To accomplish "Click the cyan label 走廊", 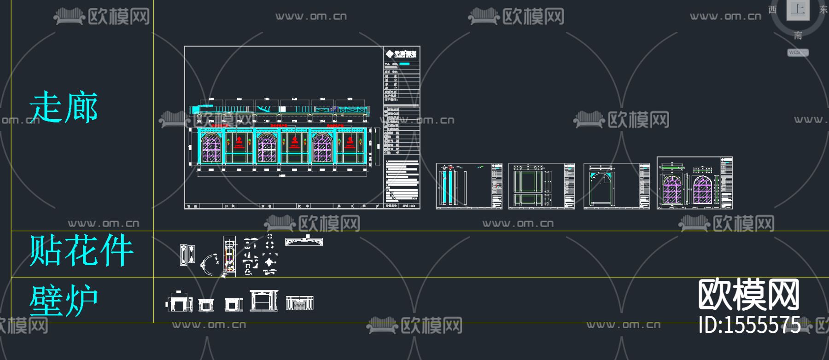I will pos(64,107).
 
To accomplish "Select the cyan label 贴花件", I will pos(81,250).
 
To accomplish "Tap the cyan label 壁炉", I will pos(64,300).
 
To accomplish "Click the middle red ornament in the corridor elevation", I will pos(295,142).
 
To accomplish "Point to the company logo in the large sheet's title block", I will pos(401,54).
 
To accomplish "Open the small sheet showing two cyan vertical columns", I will pos(469,186).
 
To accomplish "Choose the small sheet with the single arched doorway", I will pos(616,186).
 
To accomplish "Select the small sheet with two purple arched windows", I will pos(694,183).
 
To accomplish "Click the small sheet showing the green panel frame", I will pos(541,186).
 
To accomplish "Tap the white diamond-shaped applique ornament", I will pos(269,262).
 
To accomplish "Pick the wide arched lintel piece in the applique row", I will pos(304,241).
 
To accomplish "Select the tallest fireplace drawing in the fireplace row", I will pos(264,301).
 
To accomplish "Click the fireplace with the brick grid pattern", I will pos(299,303).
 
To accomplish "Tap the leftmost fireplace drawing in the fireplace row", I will pos(179,302).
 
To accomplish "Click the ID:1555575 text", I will pos(749,325).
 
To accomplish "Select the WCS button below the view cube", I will pos(797,52).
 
